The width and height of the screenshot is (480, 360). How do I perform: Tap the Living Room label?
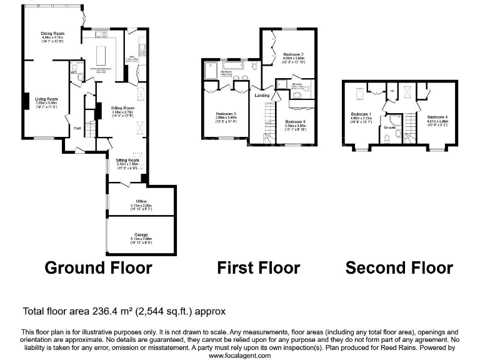[x=46, y=99]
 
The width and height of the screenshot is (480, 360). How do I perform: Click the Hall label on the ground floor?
[x=77, y=128]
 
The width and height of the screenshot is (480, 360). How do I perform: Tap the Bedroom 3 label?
[x=226, y=113]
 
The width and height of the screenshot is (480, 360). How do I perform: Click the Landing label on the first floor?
[x=262, y=95]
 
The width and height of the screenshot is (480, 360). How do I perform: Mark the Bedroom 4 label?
[x=438, y=117]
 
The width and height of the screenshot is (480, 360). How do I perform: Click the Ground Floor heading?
[x=98, y=268]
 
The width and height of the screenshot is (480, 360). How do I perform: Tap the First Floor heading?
[x=258, y=268]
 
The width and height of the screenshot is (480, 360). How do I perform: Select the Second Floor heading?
[x=399, y=268]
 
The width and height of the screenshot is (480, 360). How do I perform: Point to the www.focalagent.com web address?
[x=239, y=355]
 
